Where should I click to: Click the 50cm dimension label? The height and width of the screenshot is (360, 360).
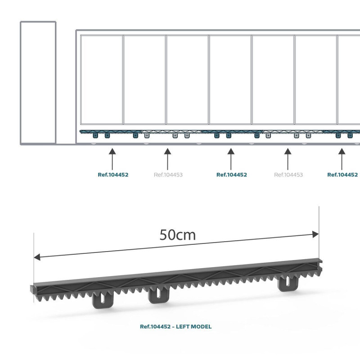(177, 235)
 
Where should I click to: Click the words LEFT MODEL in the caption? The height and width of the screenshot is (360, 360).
(192, 327)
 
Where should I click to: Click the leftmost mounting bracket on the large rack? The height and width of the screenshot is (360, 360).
(103, 300)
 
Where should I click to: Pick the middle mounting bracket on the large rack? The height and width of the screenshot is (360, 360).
(159, 295)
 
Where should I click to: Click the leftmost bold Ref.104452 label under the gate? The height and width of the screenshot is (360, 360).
(113, 175)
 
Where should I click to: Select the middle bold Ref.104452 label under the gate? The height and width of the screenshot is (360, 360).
(231, 175)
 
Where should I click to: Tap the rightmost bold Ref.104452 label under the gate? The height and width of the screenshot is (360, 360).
(342, 175)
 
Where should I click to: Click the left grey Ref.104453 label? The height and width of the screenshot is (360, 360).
(168, 175)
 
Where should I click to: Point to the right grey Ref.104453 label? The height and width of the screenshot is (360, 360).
(288, 175)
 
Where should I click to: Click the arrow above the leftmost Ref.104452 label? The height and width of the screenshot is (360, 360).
(112, 159)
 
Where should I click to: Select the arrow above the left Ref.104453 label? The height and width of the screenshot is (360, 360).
(168, 159)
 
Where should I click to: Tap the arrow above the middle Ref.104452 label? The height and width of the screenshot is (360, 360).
(231, 159)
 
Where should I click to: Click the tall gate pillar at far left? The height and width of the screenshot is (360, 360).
(38, 83)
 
